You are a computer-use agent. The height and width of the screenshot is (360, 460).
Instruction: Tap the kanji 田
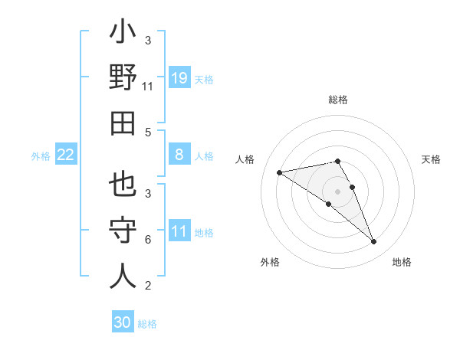(x=123, y=123)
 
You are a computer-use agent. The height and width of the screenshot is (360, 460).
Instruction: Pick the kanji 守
(x=123, y=231)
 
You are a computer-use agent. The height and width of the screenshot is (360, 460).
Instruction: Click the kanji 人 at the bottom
(x=123, y=276)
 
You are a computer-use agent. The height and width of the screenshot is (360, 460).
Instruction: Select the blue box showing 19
(x=179, y=77)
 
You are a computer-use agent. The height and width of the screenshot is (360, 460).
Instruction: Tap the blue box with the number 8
(x=179, y=155)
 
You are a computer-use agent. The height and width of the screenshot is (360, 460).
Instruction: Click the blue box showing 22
(x=65, y=155)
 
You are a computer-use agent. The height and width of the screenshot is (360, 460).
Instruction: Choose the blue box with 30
(x=123, y=322)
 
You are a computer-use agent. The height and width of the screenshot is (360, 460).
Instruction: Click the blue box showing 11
(x=179, y=231)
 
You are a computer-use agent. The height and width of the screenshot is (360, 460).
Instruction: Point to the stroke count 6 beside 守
(x=148, y=240)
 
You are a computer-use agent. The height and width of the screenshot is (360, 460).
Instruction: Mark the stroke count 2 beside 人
(x=148, y=286)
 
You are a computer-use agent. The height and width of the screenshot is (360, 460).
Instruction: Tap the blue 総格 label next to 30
(x=147, y=324)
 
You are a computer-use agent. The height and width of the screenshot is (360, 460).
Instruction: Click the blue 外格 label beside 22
(x=41, y=155)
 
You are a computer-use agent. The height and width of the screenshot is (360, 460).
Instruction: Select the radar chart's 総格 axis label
(x=337, y=100)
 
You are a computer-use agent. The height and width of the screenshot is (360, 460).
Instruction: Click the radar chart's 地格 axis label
(x=402, y=262)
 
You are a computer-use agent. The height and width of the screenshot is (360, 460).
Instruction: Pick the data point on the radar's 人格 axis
(x=280, y=172)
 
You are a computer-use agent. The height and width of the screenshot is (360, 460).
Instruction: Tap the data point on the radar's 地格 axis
(x=373, y=242)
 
